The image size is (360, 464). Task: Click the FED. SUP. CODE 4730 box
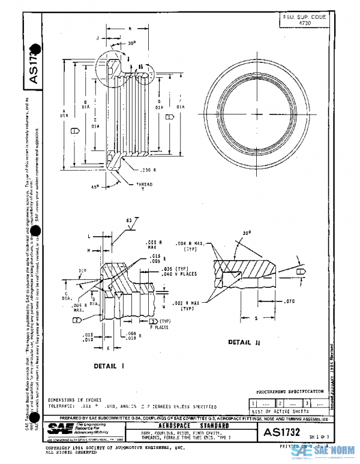click(304, 20)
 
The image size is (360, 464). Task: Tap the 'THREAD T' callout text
click(142, 185)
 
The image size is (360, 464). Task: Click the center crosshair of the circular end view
click(256, 115)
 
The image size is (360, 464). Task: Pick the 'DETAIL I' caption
click(109, 364)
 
